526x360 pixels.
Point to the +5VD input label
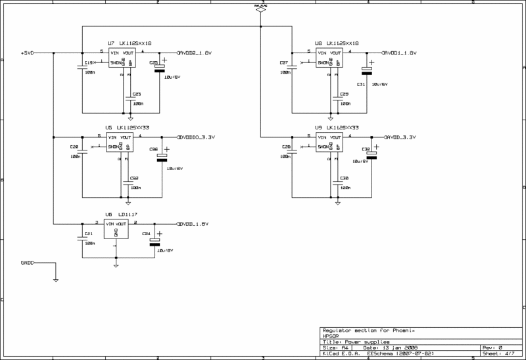pyautogui.click(x=28, y=52)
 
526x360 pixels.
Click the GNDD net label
pyautogui.click(x=28, y=263)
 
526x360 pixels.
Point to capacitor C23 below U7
pyautogui.click(x=128, y=98)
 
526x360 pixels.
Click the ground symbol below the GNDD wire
pyautogui.click(x=56, y=280)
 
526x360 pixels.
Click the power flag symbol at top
pyautogui.click(x=261, y=8)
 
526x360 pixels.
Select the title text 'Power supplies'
pyautogui.click(x=361, y=342)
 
